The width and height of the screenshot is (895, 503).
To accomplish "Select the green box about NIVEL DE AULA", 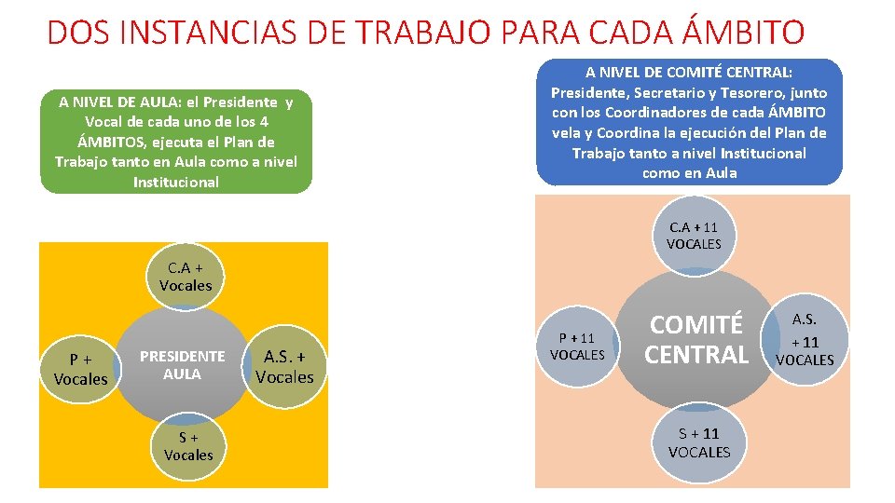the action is coord(176,143).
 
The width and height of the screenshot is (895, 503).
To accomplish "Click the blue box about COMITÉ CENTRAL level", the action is coord(689,121).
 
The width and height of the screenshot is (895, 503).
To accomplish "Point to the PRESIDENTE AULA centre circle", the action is coord(183,365).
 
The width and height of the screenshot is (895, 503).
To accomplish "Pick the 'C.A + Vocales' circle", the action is coord(186,278).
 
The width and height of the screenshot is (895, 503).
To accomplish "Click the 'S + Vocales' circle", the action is coord(188,446).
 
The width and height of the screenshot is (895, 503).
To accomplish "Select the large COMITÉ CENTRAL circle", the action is coord(697,340).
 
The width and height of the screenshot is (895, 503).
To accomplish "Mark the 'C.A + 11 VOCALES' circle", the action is coord(694,236).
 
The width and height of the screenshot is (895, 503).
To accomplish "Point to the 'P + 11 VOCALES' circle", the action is coord(577,346).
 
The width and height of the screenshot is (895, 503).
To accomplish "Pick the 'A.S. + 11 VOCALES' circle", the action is coord(805,340).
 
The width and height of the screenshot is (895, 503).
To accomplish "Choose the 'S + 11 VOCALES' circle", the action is coord(699,442).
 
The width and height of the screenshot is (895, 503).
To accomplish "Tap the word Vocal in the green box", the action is coord(103,122).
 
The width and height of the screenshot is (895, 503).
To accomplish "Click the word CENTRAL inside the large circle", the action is coord(697,355).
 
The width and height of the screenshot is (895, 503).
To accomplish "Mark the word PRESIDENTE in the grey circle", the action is coord(182,356).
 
